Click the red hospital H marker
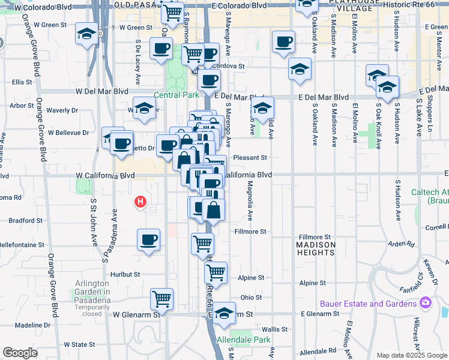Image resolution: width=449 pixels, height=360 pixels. [140, 202]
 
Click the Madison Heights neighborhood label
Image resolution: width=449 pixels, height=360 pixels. [316, 248]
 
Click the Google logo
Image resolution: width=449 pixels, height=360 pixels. [20, 353]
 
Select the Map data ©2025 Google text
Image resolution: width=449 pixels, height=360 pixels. [412, 355]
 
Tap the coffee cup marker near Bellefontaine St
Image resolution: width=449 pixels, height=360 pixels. [149, 239]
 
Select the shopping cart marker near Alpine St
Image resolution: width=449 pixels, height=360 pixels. [215, 271]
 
